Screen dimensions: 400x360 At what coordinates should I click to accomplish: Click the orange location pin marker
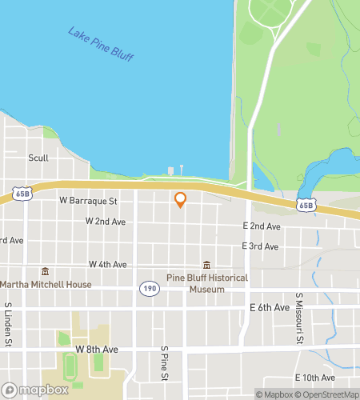180,199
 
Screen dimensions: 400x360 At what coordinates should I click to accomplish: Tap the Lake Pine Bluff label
100,45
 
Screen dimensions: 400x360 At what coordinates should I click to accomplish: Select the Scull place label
39,158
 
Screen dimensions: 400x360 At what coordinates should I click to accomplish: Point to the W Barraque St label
88,200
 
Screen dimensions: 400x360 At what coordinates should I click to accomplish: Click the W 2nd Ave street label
106,221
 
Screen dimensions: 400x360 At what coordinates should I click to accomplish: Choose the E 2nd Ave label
262,227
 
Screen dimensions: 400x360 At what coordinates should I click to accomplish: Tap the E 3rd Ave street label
260,246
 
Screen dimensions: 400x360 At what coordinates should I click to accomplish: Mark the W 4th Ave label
108,264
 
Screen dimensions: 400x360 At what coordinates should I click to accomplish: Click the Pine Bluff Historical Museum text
206,283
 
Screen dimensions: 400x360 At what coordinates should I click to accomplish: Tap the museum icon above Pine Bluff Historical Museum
206,265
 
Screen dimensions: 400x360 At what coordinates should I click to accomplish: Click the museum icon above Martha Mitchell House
45,271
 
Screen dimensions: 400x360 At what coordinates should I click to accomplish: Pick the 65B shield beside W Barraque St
22,194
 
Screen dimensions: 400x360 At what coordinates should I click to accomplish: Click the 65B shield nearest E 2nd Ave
306,205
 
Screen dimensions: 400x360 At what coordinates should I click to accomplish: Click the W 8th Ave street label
97,350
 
